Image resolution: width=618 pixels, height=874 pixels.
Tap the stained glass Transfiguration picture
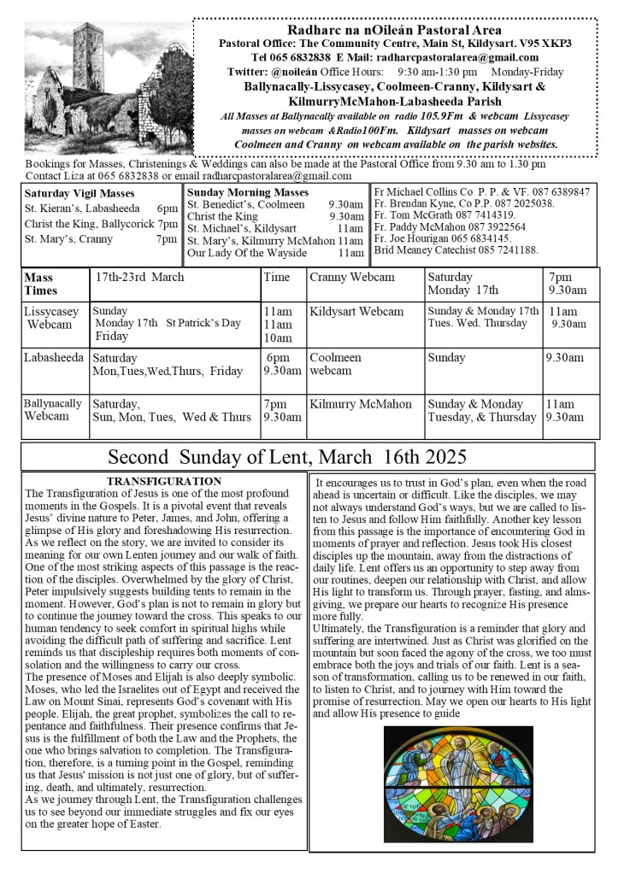point(457,784)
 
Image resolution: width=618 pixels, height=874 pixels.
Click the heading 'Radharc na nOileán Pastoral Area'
point(394,30)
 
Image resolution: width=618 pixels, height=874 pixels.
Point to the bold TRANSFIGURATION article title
point(164,482)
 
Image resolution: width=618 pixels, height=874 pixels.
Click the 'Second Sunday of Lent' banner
point(287,456)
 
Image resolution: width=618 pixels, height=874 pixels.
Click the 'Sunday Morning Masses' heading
point(248,192)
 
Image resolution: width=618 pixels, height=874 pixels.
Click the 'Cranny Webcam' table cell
point(352,277)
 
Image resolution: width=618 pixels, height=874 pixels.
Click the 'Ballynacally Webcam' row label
point(53,409)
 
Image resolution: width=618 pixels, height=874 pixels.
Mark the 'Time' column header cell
point(277,277)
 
